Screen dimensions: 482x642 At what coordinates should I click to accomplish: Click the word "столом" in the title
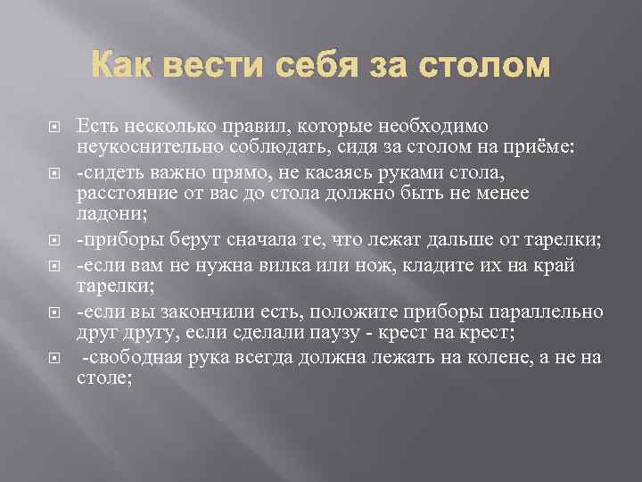[x=487, y=66]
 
